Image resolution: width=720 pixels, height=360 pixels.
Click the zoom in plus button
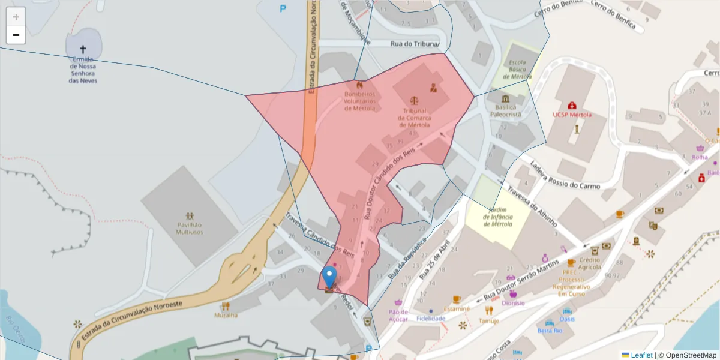(x=16, y=17)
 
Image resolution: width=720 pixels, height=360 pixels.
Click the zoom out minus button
(x=16, y=35)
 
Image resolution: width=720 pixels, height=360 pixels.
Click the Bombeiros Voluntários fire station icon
(x=359, y=85)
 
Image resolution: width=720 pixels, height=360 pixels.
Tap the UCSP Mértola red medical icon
(x=572, y=105)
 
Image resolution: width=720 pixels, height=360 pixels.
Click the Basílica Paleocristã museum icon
(x=505, y=98)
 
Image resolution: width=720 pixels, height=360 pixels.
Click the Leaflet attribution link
(x=641, y=355)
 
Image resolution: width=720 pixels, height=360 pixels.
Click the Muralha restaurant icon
(x=226, y=305)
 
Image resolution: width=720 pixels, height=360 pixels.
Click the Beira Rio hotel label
(x=549, y=331)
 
